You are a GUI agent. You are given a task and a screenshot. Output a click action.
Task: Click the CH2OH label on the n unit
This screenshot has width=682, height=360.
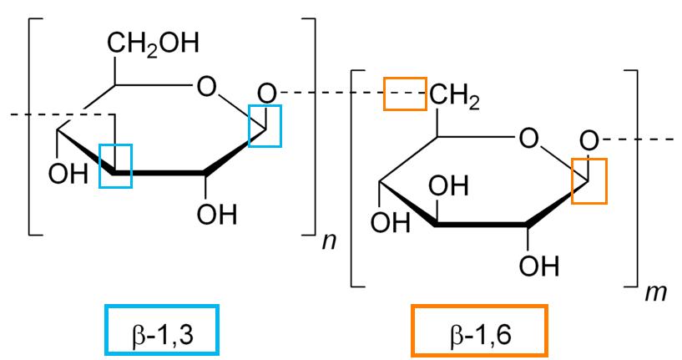(x=153, y=44)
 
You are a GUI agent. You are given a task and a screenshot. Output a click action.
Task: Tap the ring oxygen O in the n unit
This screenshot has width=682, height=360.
(x=206, y=86)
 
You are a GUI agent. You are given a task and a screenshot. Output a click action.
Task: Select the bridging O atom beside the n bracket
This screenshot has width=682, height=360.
(x=266, y=94)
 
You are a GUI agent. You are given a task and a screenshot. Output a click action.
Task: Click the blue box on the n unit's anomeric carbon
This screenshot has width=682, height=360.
(x=265, y=125)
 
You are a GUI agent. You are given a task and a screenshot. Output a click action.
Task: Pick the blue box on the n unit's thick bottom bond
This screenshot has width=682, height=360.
(x=115, y=165)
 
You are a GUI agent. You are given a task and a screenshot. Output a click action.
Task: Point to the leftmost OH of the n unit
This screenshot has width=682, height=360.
(x=68, y=174)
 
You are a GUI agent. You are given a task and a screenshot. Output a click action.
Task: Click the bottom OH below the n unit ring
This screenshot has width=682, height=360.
(x=217, y=214)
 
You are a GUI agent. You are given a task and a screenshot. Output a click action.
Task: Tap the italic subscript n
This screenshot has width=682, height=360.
(x=329, y=241)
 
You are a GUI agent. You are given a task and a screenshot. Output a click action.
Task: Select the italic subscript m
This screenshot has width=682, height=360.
(x=656, y=293)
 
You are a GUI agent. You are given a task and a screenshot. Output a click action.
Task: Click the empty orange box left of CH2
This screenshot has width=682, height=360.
(x=405, y=94)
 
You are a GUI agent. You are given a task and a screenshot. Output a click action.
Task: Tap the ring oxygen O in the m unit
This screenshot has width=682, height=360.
(x=528, y=139)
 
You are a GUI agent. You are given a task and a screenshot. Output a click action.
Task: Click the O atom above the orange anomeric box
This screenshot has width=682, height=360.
(x=589, y=141)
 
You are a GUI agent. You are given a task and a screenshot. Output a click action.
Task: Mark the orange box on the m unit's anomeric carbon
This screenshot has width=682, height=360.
(x=589, y=180)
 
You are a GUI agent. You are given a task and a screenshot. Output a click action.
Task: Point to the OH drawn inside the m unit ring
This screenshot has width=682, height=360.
(x=448, y=186)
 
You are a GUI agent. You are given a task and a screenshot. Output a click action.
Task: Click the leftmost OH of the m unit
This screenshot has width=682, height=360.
(x=390, y=222)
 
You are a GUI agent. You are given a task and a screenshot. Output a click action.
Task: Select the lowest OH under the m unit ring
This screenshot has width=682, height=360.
(x=539, y=266)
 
